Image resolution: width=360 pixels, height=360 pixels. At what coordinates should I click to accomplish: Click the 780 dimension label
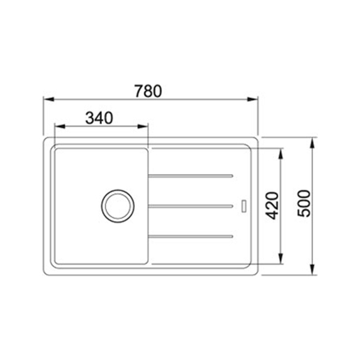pyautogui.click(x=148, y=91)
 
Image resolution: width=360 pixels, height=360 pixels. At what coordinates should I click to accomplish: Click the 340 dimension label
pyautogui.click(x=99, y=118)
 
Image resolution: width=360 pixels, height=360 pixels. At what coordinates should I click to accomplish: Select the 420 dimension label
pyautogui.click(x=273, y=206)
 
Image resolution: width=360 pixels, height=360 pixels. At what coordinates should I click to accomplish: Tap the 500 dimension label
pyautogui.click(x=304, y=203)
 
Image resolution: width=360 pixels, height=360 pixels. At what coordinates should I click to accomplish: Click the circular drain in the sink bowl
pyautogui.click(x=117, y=206)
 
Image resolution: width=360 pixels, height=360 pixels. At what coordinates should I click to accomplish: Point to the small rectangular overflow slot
pyautogui.click(x=244, y=206)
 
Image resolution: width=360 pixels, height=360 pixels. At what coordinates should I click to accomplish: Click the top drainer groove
pyautogui.click(x=191, y=176)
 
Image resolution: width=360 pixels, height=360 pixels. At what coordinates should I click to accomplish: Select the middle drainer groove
pyautogui.click(x=191, y=206)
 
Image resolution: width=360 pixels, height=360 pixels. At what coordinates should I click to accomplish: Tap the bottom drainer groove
pyautogui.click(x=191, y=236)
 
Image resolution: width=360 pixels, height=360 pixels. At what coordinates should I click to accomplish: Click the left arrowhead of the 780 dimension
pyautogui.click(x=49, y=99)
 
